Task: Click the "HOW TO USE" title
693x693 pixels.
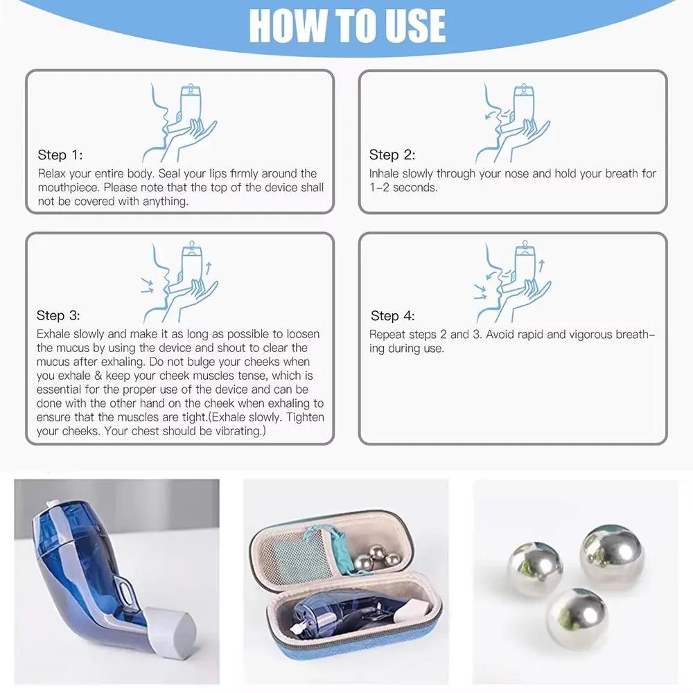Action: (x=346, y=26)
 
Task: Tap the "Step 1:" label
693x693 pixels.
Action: (x=60, y=155)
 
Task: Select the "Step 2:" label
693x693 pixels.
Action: (x=392, y=155)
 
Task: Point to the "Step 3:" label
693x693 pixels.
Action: (x=60, y=316)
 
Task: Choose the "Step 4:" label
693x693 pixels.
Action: (x=392, y=316)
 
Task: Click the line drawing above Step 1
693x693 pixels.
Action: (x=182, y=122)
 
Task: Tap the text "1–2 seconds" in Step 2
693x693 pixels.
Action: (x=403, y=187)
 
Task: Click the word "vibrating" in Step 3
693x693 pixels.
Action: (x=237, y=431)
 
